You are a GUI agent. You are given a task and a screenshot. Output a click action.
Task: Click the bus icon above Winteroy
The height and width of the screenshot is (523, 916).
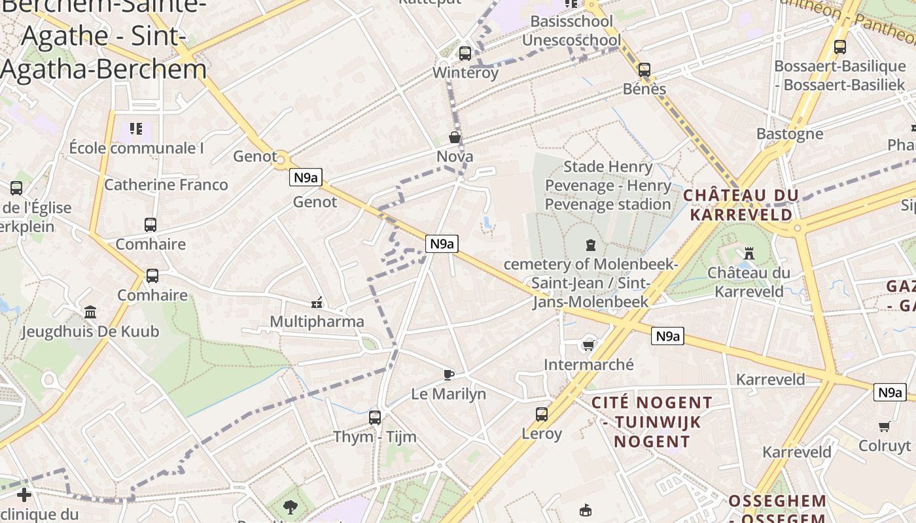click(x=465, y=53)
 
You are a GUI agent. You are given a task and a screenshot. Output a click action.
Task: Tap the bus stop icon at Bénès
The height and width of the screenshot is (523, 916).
click(x=644, y=69)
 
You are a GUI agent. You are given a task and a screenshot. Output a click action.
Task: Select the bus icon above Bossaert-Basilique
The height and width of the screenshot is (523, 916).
click(x=839, y=46)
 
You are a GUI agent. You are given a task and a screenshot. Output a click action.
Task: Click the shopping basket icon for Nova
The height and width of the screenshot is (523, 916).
click(x=454, y=137)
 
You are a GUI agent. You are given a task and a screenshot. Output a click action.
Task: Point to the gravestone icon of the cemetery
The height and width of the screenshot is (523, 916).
click(x=591, y=245)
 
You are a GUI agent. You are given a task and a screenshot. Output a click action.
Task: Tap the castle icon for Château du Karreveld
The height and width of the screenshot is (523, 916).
click(x=749, y=252)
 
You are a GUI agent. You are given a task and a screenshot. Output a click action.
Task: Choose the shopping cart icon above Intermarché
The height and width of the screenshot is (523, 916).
click(x=588, y=345)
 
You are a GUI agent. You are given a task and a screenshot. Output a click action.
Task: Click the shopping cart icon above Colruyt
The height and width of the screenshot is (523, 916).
click(x=885, y=426)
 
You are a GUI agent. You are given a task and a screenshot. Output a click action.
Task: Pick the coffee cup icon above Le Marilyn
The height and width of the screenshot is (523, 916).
click(x=448, y=375)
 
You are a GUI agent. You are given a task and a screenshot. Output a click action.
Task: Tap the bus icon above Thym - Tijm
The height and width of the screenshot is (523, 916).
click(x=375, y=416)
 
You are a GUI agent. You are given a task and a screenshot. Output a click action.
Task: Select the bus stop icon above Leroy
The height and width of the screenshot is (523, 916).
click(x=542, y=414)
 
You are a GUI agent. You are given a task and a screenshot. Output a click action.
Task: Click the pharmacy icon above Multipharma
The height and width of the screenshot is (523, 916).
click(x=317, y=302)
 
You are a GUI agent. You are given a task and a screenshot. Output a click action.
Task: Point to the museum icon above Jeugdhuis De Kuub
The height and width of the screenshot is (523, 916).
click(x=90, y=312)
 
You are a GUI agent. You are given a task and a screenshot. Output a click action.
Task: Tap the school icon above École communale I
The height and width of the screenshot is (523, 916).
click(x=136, y=128)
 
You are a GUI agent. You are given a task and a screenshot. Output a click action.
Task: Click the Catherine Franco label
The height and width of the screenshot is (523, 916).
click(x=166, y=185)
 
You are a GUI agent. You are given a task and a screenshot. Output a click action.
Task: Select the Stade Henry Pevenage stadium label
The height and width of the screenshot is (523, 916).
click(x=608, y=186)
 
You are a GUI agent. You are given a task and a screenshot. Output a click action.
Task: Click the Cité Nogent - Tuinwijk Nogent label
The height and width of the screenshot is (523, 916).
click(x=652, y=422)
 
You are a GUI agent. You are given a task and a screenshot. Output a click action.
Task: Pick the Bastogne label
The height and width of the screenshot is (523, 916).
click(x=790, y=134)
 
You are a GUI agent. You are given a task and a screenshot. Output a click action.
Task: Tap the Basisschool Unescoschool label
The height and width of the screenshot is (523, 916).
click(x=571, y=31)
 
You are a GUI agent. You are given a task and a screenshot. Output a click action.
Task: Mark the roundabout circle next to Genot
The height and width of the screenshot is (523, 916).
click(x=282, y=158)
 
